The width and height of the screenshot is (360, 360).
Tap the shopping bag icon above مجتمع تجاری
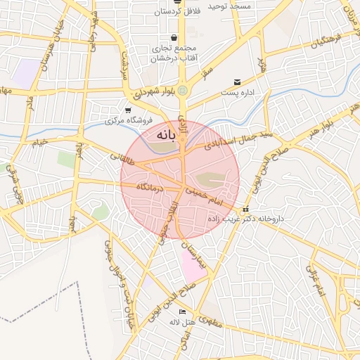(x=174, y=38)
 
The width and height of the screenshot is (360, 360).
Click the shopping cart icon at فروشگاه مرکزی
(x=128, y=110)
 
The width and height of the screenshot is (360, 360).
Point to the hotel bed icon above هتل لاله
(x=183, y=311)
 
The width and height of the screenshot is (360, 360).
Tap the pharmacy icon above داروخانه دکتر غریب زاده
(x=245, y=210)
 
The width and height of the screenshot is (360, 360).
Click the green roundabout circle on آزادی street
(x=183, y=90)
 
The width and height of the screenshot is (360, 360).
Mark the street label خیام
(x=39, y=143)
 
